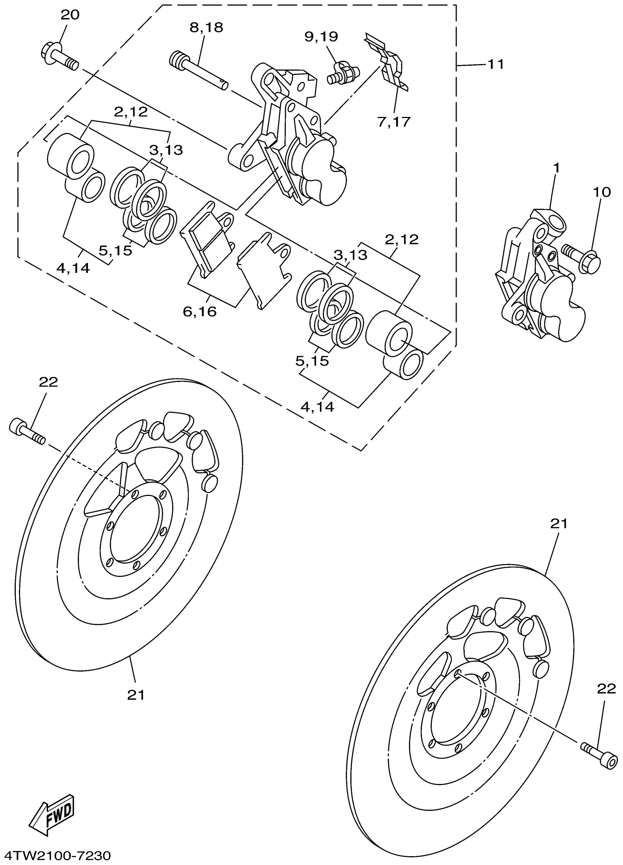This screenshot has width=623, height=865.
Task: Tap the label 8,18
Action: point(206,27)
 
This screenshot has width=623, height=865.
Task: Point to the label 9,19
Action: point(321,37)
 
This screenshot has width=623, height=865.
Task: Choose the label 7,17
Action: point(394,122)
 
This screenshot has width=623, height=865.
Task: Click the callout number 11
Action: point(496,65)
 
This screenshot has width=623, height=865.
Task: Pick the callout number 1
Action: point(556,168)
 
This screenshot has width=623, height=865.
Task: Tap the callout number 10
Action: point(601,192)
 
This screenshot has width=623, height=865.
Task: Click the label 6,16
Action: point(199,312)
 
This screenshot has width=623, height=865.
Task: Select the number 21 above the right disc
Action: point(559,524)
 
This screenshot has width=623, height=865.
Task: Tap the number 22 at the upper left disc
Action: point(48,382)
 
